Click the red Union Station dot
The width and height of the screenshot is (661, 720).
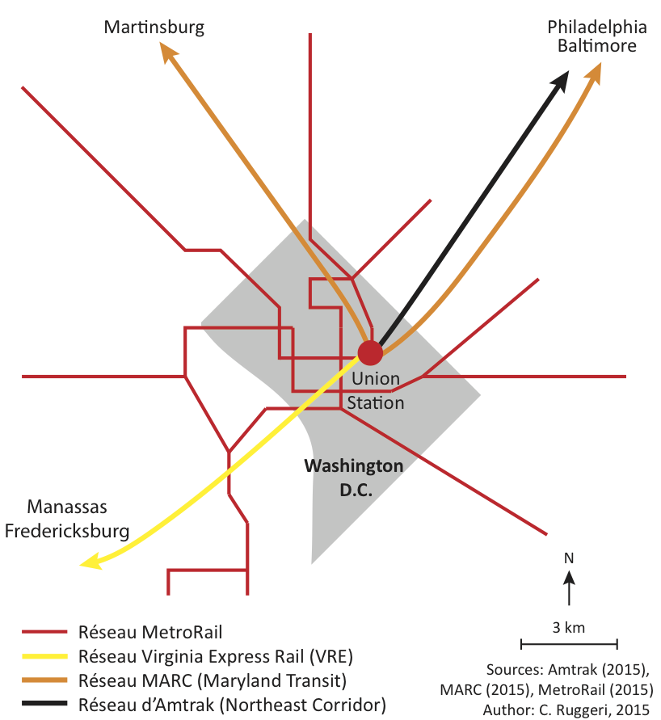tap(370, 353)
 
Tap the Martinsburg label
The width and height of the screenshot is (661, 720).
tap(154, 27)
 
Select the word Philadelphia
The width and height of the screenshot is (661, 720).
tap(596, 27)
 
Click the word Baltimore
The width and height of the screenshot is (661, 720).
tap(596, 46)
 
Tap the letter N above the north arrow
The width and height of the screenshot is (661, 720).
tap(569, 558)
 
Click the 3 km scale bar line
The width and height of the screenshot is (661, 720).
tap(569, 644)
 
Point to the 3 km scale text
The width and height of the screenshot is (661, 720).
tap(569, 627)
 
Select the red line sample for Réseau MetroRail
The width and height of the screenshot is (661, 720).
tap(44, 632)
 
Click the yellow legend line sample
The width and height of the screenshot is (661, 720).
tap(44, 655)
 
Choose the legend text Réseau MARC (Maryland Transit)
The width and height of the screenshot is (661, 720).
tap(213, 680)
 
